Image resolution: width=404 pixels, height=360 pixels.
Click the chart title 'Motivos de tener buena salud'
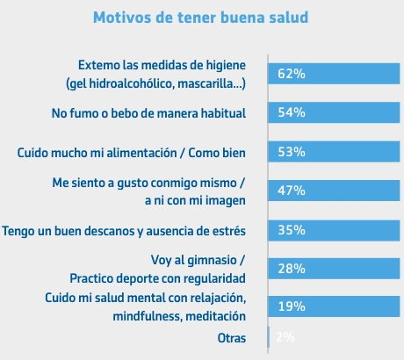click(200, 18)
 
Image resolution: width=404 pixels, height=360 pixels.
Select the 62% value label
click(292, 74)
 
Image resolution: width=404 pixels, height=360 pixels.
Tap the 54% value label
click(292, 112)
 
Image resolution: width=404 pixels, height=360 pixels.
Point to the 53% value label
click(292, 152)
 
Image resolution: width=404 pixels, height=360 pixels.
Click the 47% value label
click(292, 191)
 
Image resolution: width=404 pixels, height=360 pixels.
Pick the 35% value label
click(292, 230)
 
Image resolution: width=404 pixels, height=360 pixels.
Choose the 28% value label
click(292, 269)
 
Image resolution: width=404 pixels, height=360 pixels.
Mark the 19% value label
click(292, 306)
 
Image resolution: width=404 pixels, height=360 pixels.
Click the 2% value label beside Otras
click(285, 337)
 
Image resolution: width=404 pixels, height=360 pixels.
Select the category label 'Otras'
click(232, 338)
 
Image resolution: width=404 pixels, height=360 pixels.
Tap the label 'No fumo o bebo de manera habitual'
click(148, 113)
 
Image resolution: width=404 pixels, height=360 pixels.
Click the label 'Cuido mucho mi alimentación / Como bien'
click(132, 153)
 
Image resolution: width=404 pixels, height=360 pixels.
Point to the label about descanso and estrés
click(124, 231)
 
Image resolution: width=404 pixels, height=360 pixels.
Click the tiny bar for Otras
click(269, 337)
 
